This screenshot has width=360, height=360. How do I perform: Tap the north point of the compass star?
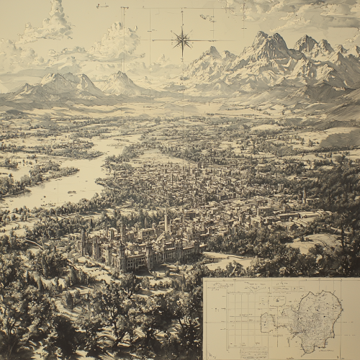(181, 27)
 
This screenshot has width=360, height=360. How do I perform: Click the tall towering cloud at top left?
(57, 20)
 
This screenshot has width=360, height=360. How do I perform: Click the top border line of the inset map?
(281, 279)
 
